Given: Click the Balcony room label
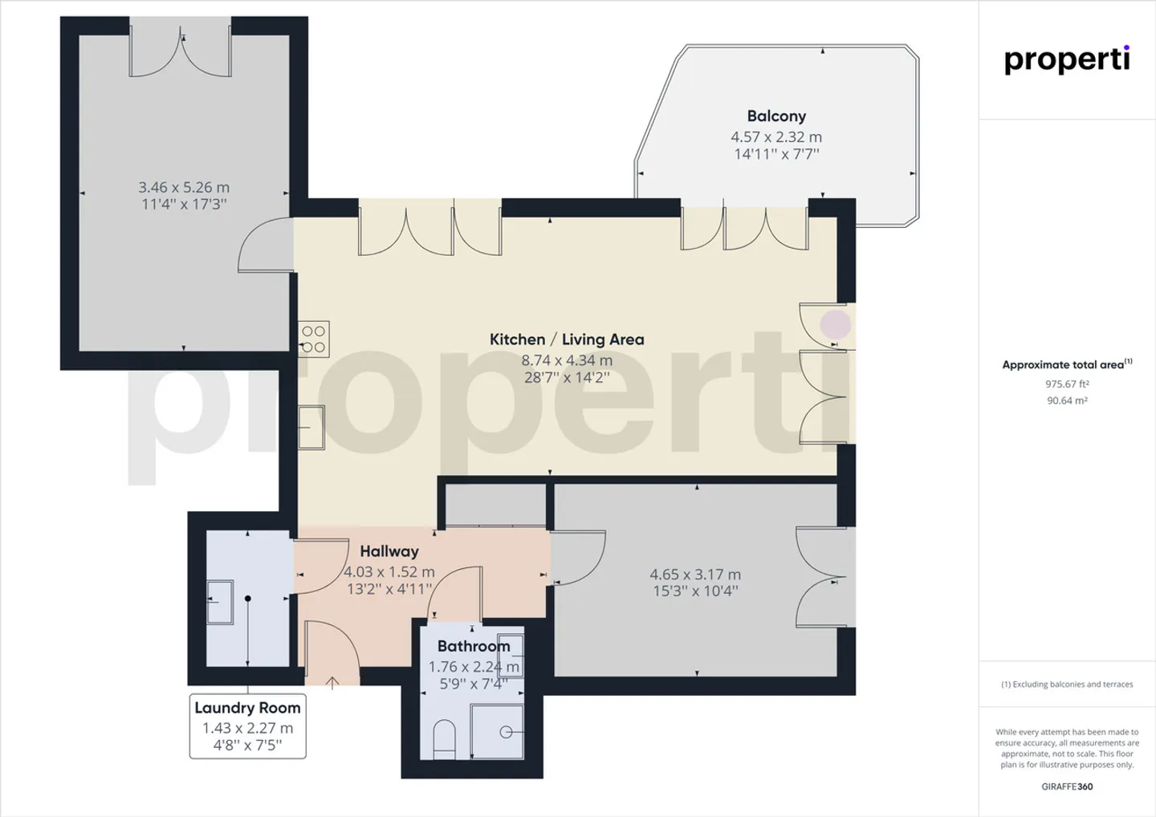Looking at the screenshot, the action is [x=776, y=116].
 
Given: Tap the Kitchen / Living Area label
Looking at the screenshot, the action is [x=567, y=339].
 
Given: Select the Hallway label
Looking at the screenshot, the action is [x=389, y=551].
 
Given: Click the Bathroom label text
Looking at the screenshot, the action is [x=474, y=646].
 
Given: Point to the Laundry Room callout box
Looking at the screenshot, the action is [x=248, y=726].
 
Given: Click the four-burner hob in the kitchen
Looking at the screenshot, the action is [x=314, y=339].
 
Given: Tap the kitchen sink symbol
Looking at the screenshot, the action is [x=311, y=428].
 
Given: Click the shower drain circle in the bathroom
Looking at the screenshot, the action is [x=506, y=732].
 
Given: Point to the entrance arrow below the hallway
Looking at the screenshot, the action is [x=332, y=683].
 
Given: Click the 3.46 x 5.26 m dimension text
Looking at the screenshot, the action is [x=184, y=187].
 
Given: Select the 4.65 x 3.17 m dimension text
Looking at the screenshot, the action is [x=695, y=574].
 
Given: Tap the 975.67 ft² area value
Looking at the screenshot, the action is [x=1067, y=384].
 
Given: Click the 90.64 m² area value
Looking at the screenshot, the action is [x=1067, y=400].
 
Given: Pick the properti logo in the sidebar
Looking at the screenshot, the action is [x=1067, y=61].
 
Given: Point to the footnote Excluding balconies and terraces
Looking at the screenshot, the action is [x=1067, y=685].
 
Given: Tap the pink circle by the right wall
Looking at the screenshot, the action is [x=836, y=324].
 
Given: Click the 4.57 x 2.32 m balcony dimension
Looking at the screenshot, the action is [x=776, y=137].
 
